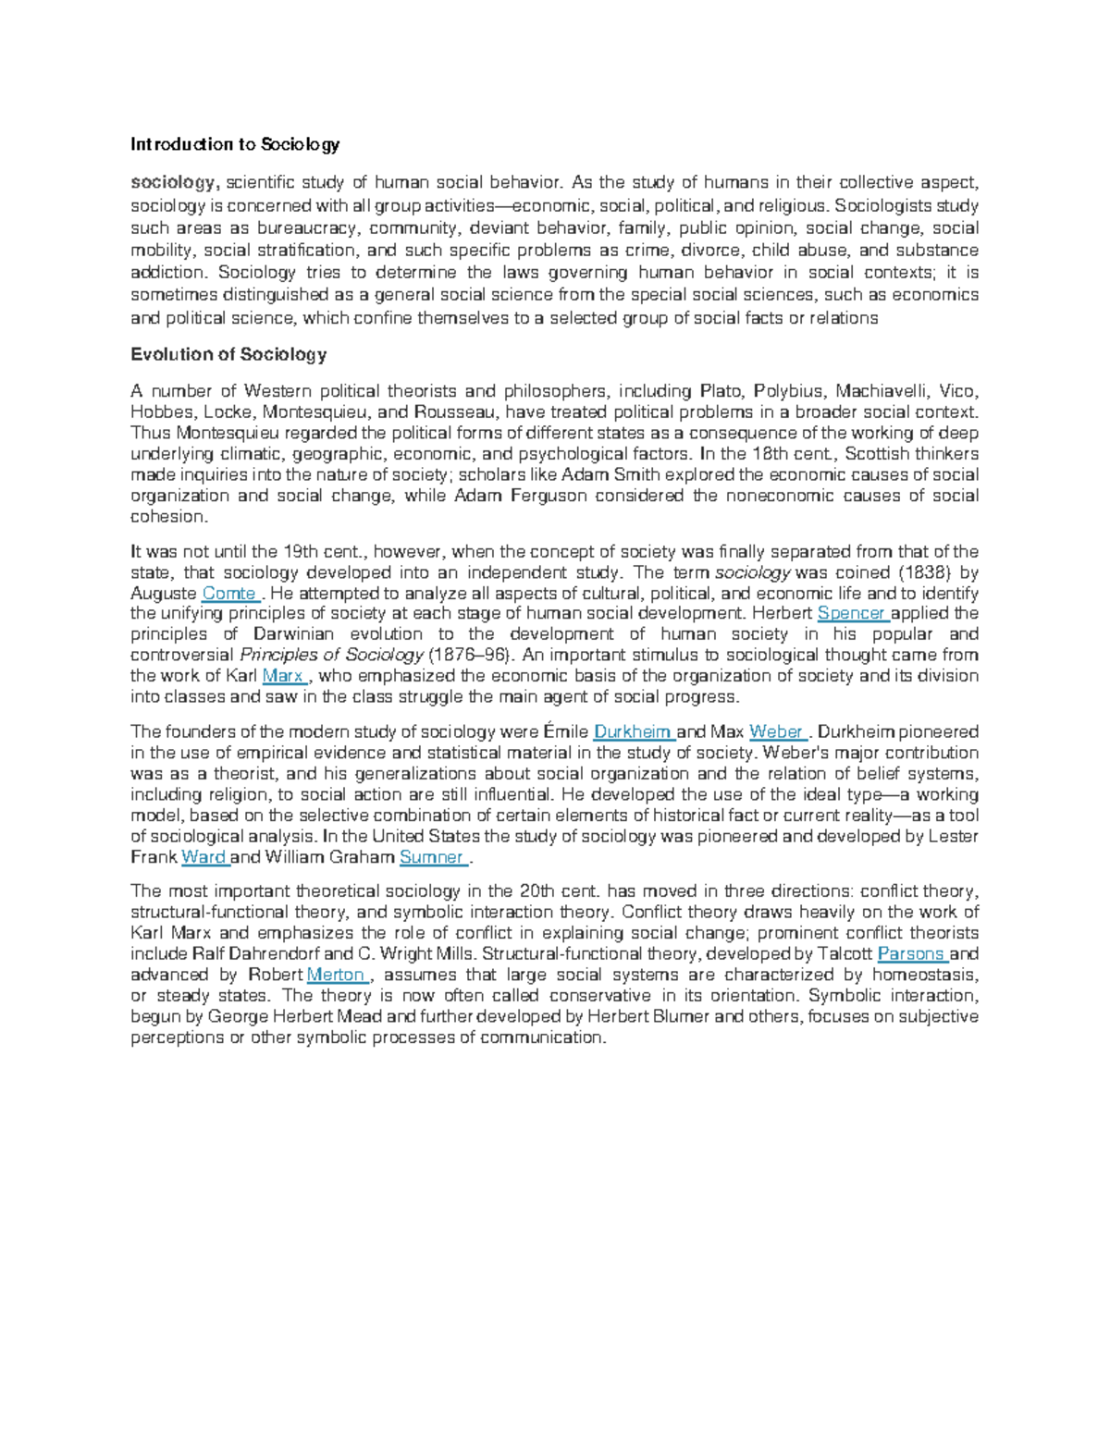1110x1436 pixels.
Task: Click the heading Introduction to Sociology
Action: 235,144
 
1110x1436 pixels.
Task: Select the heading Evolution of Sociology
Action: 228,354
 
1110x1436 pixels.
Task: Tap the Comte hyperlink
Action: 228,594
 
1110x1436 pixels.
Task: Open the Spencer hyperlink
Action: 851,614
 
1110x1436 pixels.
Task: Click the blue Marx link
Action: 283,676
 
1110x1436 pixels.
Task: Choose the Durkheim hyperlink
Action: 633,732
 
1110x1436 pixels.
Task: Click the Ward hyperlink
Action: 203,857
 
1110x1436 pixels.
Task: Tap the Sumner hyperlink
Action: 431,857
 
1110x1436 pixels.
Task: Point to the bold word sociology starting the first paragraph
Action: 172,183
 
